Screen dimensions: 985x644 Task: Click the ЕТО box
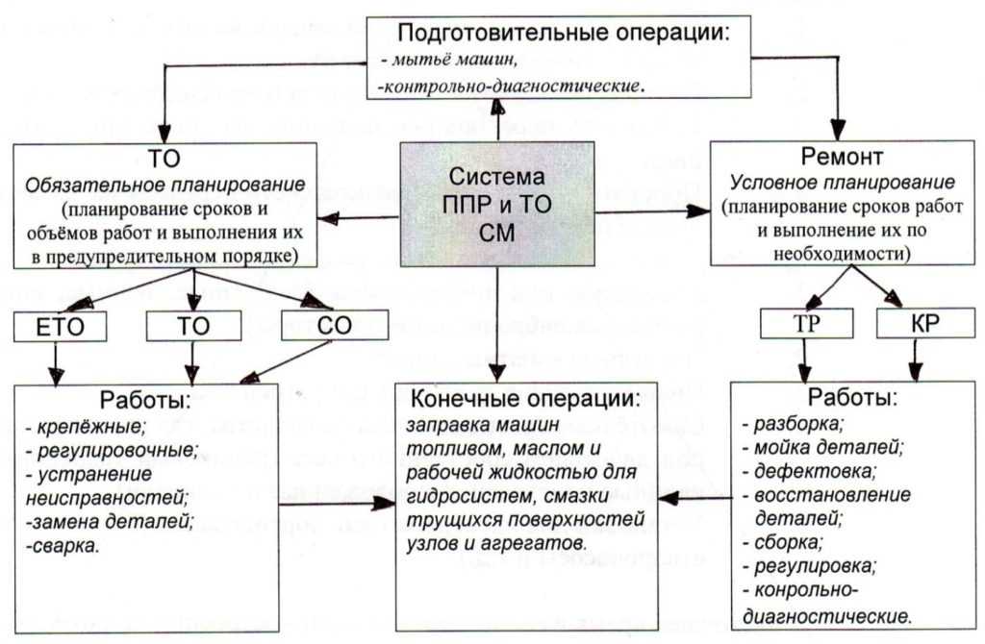click(61, 327)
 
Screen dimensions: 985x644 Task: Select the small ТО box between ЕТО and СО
click(193, 326)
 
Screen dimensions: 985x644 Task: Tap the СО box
click(334, 325)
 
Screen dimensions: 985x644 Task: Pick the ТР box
click(807, 323)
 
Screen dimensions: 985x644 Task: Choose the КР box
click(924, 323)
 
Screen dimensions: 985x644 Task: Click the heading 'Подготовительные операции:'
click(564, 32)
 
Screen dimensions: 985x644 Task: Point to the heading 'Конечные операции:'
click(526, 399)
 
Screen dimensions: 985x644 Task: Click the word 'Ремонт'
click(842, 157)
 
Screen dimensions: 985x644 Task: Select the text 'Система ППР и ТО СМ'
click(497, 205)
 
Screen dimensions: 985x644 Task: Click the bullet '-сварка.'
click(63, 545)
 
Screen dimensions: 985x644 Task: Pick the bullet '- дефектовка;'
click(809, 471)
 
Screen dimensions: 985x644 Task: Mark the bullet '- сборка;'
click(783, 542)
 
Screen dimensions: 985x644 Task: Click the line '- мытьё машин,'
click(449, 61)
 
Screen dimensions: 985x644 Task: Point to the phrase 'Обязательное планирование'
click(165, 186)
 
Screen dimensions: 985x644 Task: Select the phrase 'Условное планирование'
click(842, 183)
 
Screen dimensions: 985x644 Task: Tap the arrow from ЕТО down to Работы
click(56, 364)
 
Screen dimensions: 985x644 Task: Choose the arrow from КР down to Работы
click(915, 360)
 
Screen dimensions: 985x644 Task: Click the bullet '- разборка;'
click(793, 424)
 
